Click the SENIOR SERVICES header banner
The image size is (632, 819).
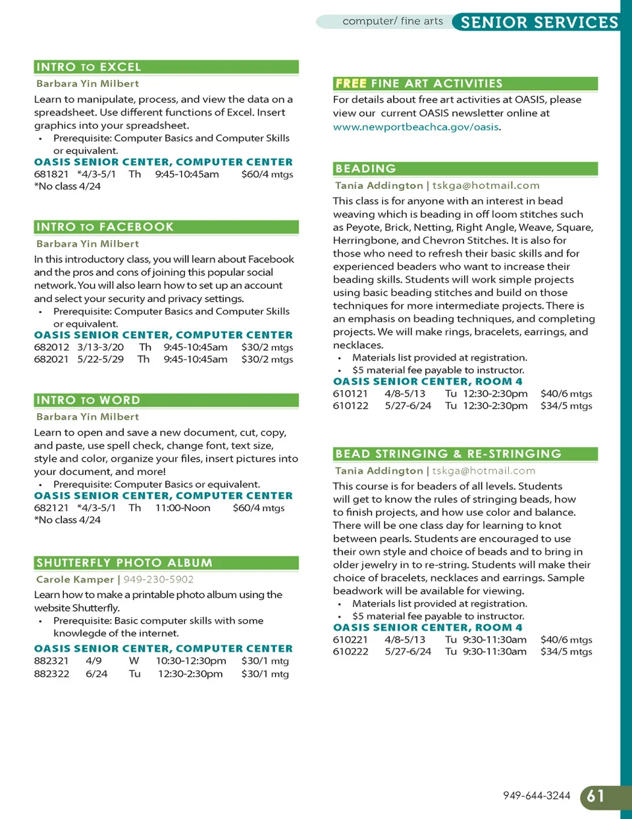tap(539, 22)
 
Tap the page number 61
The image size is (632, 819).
tap(596, 796)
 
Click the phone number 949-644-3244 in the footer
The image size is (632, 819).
tap(537, 796)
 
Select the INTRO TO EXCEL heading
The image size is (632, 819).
tap(89, 67)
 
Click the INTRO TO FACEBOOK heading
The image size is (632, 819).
tap(105, 227)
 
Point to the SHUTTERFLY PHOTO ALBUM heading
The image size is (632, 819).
tap(124, 563)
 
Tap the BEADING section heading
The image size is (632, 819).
tap(366, 169)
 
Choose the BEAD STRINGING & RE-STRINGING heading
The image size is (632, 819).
tap(448, 454)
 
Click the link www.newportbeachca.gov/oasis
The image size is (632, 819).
tap(416, 127)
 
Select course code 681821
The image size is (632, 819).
tap(51, 174)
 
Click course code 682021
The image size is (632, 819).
tap(51, 359)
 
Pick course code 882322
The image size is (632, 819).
tap(51, 674)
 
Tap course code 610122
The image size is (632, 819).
tap(351, 406)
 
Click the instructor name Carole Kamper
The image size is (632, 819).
tap(75, 580)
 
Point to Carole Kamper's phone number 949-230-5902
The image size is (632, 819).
tap(159, 580)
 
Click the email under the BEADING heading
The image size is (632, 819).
tap(486, 186)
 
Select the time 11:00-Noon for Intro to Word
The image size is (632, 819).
tap(183, 508)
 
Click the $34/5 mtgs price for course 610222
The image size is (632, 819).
tap(566, 651)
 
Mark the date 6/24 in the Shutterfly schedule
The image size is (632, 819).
tap(96, 674)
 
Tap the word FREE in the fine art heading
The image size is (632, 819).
tap(351, 84)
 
